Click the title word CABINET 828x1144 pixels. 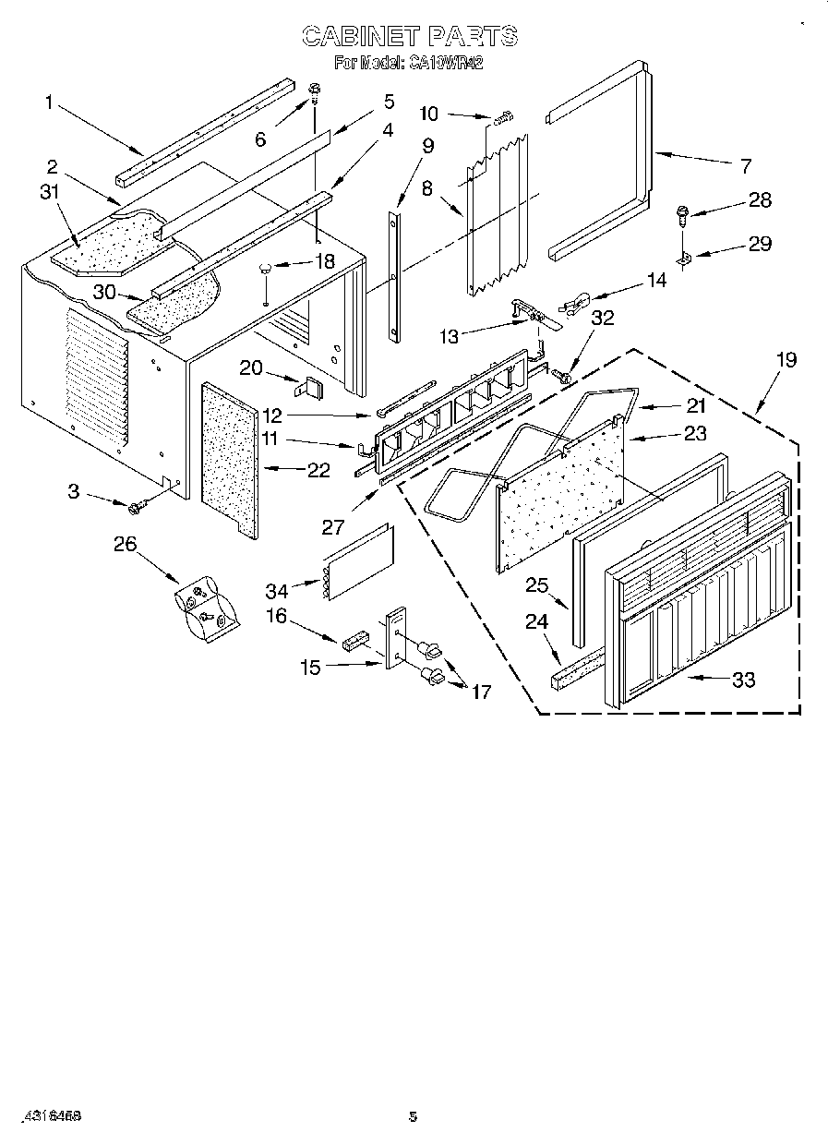click(x=360, y=37)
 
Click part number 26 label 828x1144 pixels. click(x=124, y=544)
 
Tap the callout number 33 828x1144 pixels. click(x=743, y=680)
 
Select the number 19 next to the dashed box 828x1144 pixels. click(x=786, y=360)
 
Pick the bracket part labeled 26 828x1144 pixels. click(x=205, y=610)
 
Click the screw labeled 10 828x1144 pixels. click(x=503, y=118)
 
